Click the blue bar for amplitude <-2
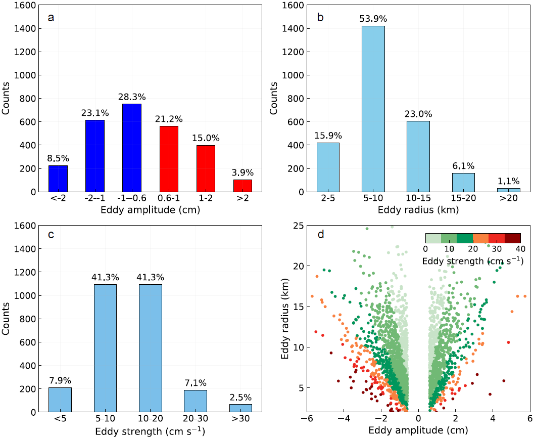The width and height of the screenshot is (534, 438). tap(58, 179)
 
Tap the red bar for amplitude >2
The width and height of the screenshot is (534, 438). tap(242, 186)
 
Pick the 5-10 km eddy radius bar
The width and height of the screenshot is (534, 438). tap(373, 109)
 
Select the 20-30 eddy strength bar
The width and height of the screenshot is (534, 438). tap(196, 401)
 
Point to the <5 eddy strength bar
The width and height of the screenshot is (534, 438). tap(60, 400)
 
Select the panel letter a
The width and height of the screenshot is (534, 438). tap(51, 18)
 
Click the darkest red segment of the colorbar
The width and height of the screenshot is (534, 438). tap(512, 238)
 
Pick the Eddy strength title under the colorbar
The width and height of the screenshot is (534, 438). tap(472, 261)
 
